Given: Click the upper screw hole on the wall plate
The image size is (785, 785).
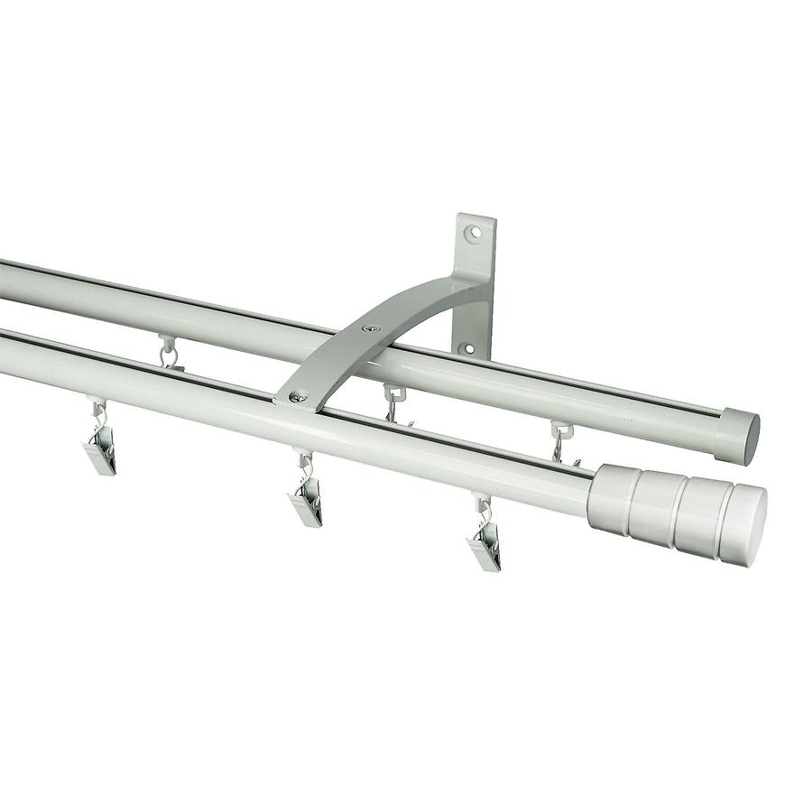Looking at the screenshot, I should tap(473, 233).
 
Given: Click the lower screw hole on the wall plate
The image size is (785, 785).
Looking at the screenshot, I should tap(467, 347).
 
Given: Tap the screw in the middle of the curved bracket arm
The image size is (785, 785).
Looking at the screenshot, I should tap(369, 328).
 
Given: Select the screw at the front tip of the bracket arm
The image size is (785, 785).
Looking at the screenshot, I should tap(297, 396).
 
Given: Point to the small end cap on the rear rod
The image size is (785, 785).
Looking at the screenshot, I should tap(736, 436).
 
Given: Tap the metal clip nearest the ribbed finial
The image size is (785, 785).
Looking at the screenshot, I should tap(485, 545).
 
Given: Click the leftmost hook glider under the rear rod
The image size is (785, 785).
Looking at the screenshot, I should tap(168, 352).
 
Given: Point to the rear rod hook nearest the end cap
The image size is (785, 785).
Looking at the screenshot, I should tap(561, 440).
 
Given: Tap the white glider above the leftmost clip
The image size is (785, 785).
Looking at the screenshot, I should tap(97, 407).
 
